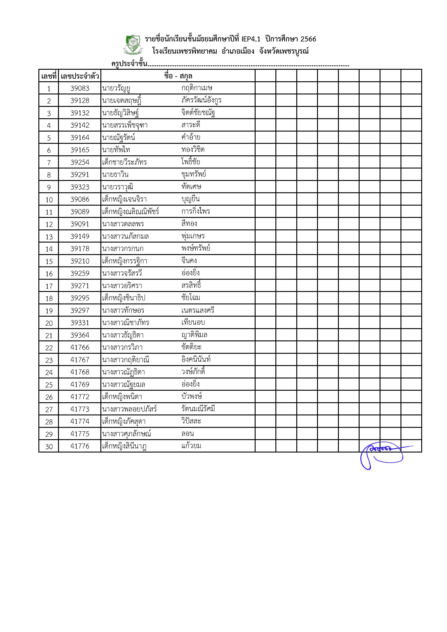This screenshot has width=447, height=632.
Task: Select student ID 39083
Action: (80, 88)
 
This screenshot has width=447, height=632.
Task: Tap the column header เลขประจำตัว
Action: (80, 76)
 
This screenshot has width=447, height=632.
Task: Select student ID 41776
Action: (80, 446)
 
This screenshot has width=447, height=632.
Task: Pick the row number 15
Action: (49, 261)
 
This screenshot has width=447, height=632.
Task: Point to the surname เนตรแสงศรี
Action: (198, 310)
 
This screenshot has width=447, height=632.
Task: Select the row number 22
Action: (49, 348)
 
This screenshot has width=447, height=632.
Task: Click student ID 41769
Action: (80, 384)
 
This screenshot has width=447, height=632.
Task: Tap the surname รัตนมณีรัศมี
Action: (198, 409)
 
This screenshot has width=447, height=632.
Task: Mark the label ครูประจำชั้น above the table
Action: (129, 64)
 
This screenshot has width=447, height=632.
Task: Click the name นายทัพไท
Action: (116, 150)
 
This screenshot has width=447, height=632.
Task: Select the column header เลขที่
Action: (49, 76)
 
